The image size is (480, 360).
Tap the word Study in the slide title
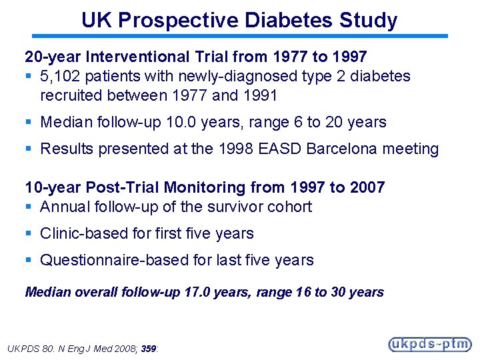tap(368, 20)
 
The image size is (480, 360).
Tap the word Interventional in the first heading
tap(115, 57)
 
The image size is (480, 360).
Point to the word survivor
tap(235, 207)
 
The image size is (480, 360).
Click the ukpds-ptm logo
tap(430, 344)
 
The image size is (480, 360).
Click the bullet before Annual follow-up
tap(29, 207)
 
